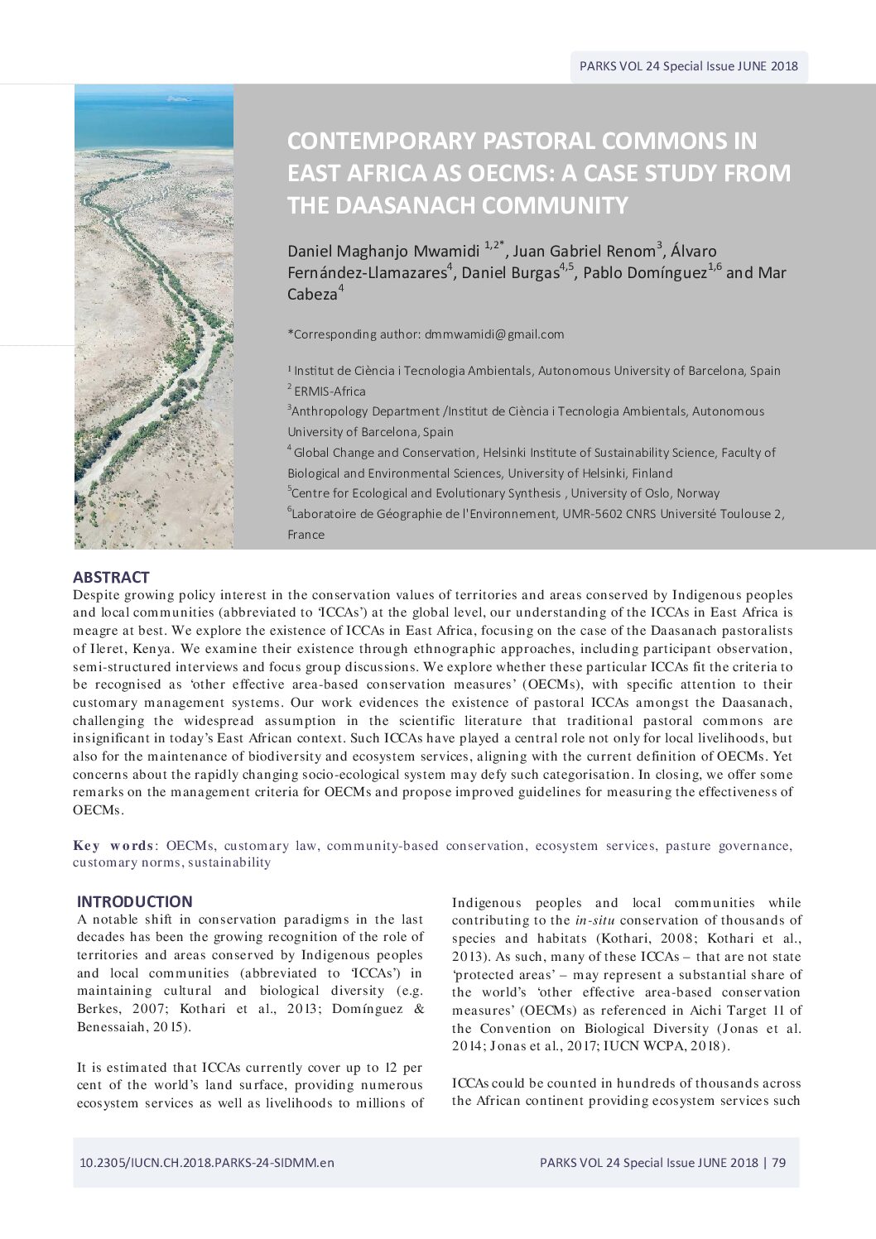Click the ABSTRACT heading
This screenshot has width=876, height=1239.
(111, 577)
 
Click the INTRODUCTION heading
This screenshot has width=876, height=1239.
(134, 901)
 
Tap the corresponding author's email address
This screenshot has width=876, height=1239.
(494, 334)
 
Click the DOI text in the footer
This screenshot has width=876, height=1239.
(207, 1162)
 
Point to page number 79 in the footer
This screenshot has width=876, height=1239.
(778, 1162)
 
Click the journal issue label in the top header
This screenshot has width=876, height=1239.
(688, 66)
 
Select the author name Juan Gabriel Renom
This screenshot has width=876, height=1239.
(584, 251)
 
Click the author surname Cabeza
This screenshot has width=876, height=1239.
(312, 294)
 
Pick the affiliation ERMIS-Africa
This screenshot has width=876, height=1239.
(330, 391)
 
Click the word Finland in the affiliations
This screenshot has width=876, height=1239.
(651, 473)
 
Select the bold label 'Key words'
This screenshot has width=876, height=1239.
(113, 845)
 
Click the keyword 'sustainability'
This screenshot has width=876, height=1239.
(229, 862)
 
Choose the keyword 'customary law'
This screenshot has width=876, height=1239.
(270, 845)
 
